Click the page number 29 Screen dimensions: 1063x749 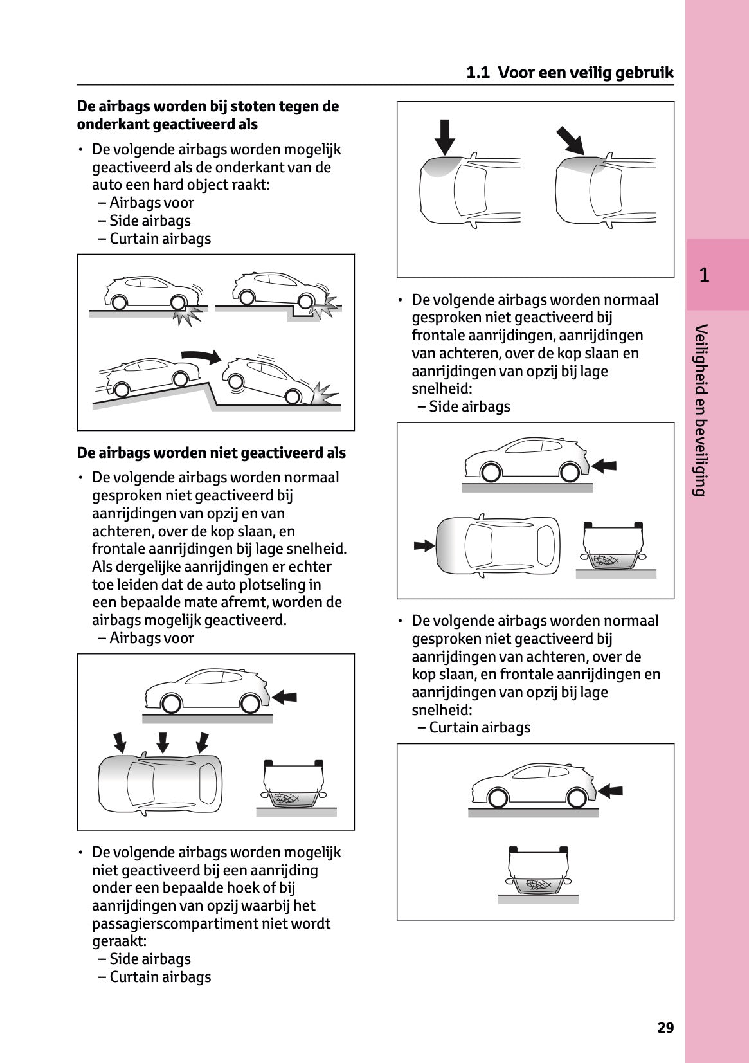pyautogui.click(x=665, y=1028)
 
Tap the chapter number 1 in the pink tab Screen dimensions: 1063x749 pyautogui.click(x=704, y=275)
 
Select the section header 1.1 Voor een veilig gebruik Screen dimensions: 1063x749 pyautogui.click(x=570, y=73)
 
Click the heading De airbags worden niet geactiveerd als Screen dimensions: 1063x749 pyautogui.click(x=211, y=453)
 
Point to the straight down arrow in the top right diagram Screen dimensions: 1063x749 pyautogui.click(x=444, y=136)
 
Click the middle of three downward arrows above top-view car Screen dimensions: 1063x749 pyautogui.click(x=163, y=741)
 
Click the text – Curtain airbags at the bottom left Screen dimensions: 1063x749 pyautogui.click(x=154, y=977)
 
